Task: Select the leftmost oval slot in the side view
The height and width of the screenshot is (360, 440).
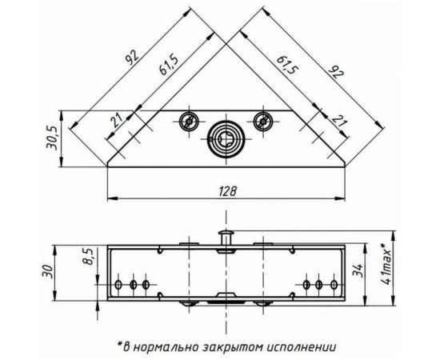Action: [119, 285]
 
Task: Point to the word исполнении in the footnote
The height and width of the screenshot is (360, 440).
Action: [300, 347]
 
